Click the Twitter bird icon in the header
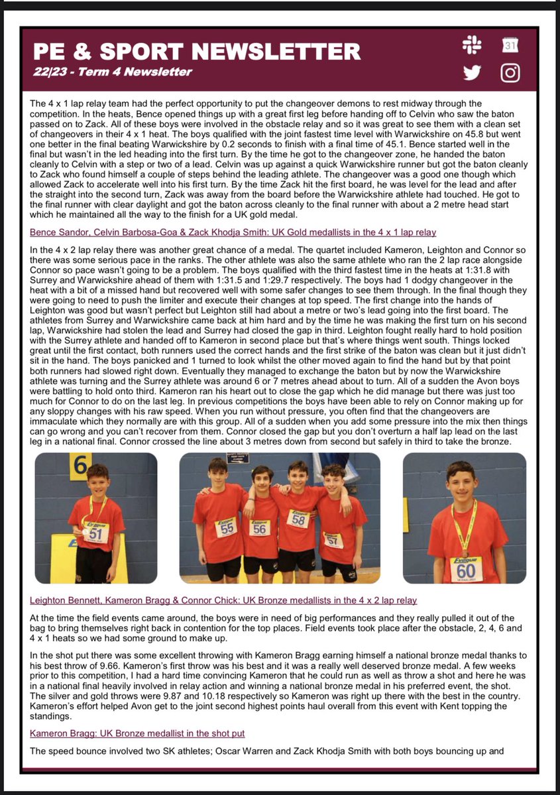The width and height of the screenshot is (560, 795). pos(473,72)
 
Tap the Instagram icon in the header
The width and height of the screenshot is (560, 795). pos(510,72)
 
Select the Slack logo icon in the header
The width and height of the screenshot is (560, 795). pos(473,46)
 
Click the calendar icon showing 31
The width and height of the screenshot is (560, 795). pos(510,46)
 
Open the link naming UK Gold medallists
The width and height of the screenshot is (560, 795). pos(233,233)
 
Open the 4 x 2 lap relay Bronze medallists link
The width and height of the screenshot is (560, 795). pos(223,600)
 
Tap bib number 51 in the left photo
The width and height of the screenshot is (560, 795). pos(95,534)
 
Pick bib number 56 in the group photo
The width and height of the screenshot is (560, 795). pos(260,529)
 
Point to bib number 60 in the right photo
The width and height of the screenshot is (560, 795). pos(467,570)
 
